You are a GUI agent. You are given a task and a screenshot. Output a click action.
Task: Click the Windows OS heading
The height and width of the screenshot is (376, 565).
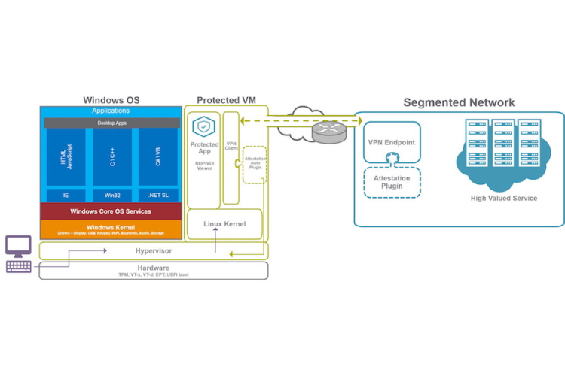(x=111, y=100)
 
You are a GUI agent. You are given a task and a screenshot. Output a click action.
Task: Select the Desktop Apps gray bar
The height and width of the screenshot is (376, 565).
(x=111, y=122)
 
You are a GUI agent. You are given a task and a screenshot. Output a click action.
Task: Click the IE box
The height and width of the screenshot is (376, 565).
(x=67, y=195)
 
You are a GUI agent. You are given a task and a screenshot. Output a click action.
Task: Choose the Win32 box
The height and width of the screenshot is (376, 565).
(x=111, y=195)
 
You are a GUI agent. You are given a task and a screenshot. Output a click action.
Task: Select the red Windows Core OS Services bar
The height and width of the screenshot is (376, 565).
(x=111, y=211)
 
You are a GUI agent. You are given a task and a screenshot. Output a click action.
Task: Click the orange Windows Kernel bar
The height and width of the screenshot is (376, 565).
(x=111, y=229)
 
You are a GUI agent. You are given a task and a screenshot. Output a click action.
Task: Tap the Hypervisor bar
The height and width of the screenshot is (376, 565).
(x=153, y=251)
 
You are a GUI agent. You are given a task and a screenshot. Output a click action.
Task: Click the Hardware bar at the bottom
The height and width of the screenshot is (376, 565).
(x=153, y=271)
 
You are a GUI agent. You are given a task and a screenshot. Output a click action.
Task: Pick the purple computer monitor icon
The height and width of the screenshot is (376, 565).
(x=18, y=246)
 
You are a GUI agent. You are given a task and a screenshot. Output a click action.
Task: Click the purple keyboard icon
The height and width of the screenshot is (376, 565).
(x=18, y=266)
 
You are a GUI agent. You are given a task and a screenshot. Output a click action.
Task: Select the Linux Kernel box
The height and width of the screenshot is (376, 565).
(x=226, y=223)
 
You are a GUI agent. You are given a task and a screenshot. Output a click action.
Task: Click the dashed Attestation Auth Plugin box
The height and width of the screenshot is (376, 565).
(x=255, y=164)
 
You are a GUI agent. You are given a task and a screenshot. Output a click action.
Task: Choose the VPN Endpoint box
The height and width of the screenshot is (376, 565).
(x=392, y=143)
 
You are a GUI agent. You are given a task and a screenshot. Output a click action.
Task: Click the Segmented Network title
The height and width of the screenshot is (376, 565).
(x=459, y=102)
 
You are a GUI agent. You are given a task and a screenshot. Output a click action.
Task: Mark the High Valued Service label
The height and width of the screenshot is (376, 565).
(x=503, y=198)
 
